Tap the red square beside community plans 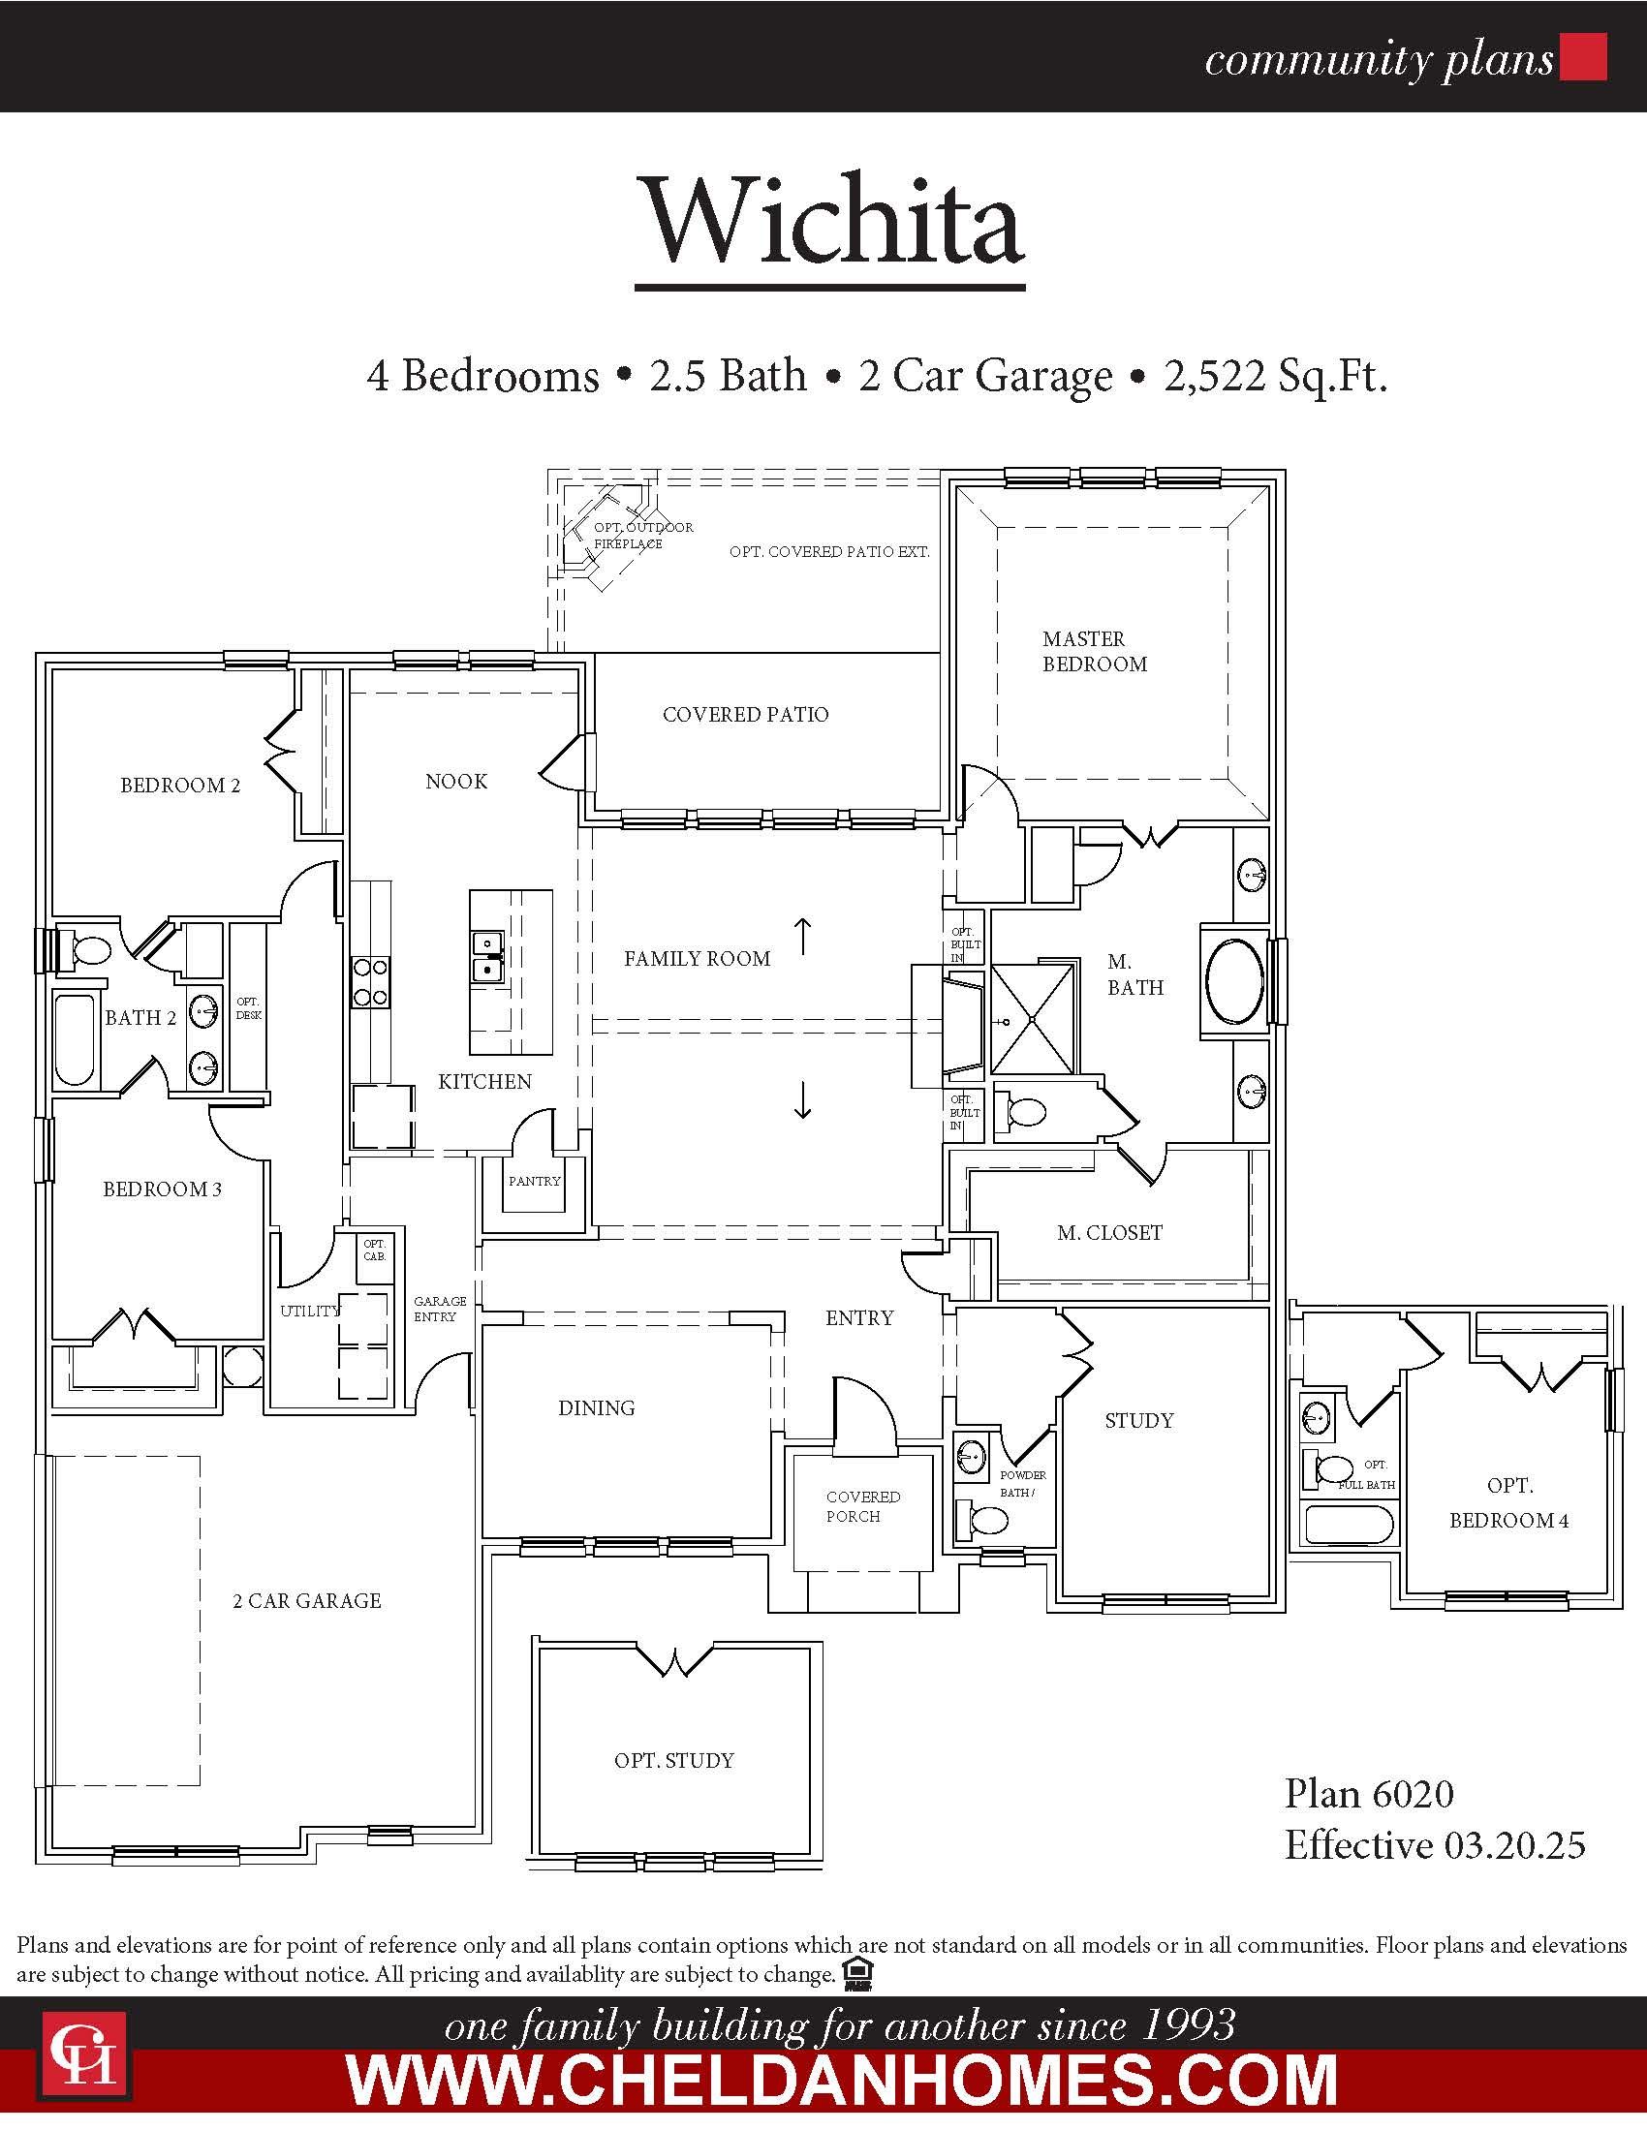tap(1584, 56)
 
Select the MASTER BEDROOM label tap(1095, 651)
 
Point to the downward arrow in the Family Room tap(802, 1099)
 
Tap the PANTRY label tap(535, 1181)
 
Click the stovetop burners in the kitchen tap(370, 981)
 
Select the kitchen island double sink tap(487, 956)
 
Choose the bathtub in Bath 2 tap(76, 1040)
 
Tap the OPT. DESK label tap(249, 1008)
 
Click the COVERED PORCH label tap(862, 1506)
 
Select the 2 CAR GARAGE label tap(306, 1600)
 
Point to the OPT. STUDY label tap(674, 1760)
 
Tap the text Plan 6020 tap(1369, 1792)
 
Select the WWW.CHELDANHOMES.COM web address tap(842, 2082)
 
